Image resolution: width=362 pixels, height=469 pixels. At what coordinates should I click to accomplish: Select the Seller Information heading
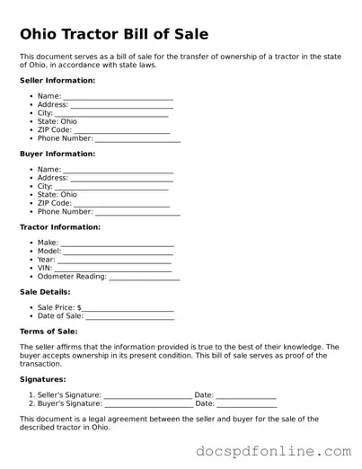click(57, 80)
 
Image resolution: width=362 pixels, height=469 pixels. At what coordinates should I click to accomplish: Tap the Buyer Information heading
click(57, 154)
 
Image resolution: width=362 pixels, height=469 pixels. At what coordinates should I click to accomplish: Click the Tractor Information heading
click(59, 227)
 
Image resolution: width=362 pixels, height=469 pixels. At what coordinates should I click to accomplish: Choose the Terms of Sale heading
click(49, 332)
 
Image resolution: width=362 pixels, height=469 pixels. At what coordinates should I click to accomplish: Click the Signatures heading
click(42, 379)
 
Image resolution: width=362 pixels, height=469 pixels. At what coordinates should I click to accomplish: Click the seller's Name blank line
click(118, 97)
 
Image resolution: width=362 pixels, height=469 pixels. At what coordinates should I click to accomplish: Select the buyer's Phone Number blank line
click(137, 214)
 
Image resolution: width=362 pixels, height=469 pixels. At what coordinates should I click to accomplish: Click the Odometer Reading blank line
click(144, 279)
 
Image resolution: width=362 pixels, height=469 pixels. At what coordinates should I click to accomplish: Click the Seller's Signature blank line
click(147, 396)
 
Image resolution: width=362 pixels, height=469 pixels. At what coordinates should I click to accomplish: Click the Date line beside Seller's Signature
click(246, 396)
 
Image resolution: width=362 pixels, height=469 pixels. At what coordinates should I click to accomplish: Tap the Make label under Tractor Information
click(48, 243)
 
